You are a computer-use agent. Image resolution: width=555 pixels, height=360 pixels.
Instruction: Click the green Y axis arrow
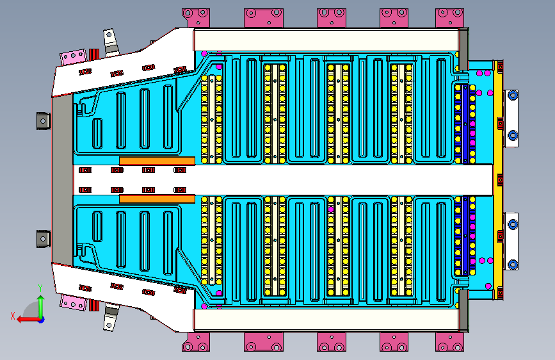tap(41, 307)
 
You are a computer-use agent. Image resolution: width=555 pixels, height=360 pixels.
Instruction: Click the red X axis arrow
tap(28, 320)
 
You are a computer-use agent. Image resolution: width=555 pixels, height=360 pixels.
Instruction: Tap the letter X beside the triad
tap(13, 316)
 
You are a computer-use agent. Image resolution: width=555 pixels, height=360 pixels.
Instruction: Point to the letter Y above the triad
tap(40, 288)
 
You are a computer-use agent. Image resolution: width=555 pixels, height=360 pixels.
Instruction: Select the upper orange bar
tap(157, 161)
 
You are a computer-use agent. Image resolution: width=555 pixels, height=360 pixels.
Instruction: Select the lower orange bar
tap(157, 199)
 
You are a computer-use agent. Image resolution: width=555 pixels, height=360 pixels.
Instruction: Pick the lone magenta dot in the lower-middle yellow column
tap(331, 209)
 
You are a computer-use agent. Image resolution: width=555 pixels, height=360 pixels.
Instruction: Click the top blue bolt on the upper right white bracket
tap(513, 95)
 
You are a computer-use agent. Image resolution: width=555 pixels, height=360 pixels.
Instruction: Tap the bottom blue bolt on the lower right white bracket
tap(513, 264)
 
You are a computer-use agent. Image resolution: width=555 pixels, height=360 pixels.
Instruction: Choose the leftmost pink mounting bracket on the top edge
tap(196, 18)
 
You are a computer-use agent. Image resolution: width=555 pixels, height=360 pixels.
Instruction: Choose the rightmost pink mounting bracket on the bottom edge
tap(449, 342)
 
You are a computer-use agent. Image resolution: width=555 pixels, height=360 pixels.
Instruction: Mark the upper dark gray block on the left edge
tap(44, 121)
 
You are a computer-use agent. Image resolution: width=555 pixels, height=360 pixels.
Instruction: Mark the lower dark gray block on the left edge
tap(44, 239)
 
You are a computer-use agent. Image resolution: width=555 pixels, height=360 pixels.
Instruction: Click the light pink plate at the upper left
tap(73, 57)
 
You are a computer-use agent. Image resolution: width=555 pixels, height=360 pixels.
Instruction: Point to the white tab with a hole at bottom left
tap(109, 318)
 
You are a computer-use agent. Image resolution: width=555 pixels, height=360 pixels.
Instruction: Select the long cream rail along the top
tap(326, 40)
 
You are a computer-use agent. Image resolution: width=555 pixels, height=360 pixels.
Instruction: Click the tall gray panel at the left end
tap(63, 180)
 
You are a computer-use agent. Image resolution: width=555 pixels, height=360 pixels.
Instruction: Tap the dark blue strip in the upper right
tap(465, 124)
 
